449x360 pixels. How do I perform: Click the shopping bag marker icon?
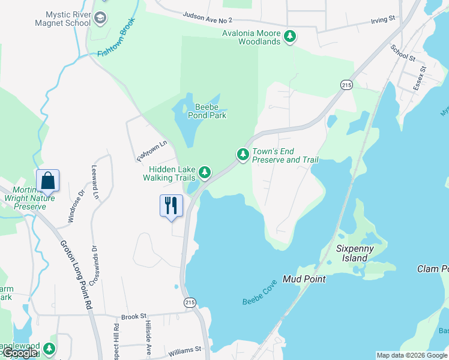tap(47, 181)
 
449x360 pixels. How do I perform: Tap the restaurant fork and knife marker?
tap(172, 206)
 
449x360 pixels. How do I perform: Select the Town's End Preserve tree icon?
tap(243, 155)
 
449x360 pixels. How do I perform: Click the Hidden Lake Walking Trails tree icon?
tap(205, 173)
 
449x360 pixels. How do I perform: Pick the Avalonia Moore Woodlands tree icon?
tap(290, 37)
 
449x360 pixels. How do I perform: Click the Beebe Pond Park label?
tap(202, 111)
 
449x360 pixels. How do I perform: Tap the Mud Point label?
tap(304, 279)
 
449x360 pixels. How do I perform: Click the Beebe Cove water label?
tap(261, 292)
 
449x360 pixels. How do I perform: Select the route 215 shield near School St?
tap(346, 86)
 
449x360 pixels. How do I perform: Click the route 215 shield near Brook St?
tap(190, 302)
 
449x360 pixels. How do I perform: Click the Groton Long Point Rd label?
tap(76, 275)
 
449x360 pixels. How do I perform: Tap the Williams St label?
tap(184, 349)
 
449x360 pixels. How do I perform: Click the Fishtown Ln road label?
tap(151, 152)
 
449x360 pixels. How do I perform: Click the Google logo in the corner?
tap(20, 353)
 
